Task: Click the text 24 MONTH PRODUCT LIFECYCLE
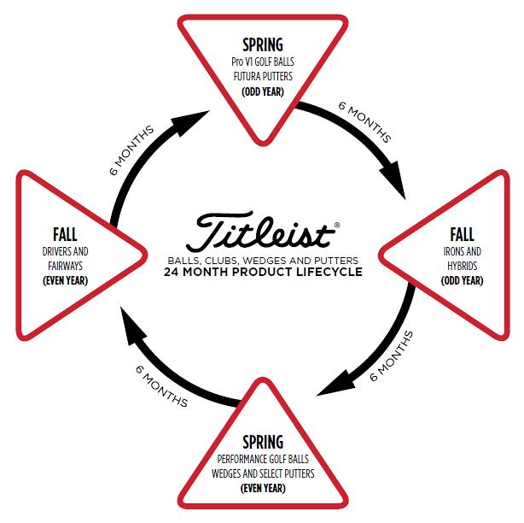click(x=263, y=273)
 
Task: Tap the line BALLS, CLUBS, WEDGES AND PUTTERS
click(x=263, y=260)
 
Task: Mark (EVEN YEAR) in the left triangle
click(x=65, y=279)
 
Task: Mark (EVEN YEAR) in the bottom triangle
click(x=263, y=488)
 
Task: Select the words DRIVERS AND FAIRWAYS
click(x=65, y=259)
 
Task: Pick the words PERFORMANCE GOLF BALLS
click(x=263, y=461)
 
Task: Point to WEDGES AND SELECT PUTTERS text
click(x=263, y=474)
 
